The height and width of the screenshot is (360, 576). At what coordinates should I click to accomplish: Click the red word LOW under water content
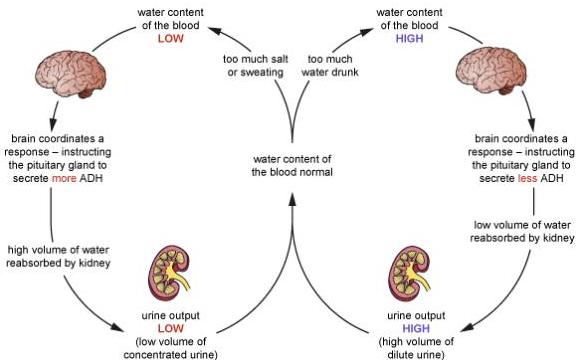click(170, 39)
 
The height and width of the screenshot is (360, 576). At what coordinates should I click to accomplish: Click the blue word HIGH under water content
click(409, 39)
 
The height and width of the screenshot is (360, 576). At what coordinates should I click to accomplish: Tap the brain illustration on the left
click(71, 74)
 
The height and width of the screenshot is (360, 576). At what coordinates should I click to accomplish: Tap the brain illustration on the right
click(491, 70)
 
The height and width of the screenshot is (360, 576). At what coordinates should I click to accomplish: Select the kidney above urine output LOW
click(169, 273)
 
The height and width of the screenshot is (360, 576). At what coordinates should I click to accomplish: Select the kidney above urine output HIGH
click(409, 273)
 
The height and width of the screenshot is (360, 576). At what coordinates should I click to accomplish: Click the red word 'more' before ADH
click(64, 179)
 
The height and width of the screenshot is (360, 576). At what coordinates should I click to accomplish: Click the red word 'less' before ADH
click(528, 179)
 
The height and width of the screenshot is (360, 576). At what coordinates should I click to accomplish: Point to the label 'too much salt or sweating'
click(255, 66)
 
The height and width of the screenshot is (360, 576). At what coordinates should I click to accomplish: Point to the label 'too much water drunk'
click(330, 66)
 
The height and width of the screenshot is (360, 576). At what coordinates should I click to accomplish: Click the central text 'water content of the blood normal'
click(292, 166)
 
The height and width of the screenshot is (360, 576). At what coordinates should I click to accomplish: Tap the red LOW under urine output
click(170, 328)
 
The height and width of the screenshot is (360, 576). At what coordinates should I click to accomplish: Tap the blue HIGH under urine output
click(416, 328)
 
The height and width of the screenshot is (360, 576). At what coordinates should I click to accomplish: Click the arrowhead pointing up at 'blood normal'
click(292, 199)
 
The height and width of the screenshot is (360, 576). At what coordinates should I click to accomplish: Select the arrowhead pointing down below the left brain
click(54, 124)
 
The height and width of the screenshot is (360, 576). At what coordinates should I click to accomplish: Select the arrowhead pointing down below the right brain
click(532, 124)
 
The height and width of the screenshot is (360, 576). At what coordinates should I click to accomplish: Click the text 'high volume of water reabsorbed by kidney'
click(58, 256)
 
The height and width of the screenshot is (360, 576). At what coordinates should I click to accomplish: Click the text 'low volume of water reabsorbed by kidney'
click(522, 231)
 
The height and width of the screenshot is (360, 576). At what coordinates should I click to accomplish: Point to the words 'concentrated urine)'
click(170, 355)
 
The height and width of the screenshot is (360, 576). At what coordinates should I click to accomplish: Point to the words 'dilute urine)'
click(416, 355)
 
